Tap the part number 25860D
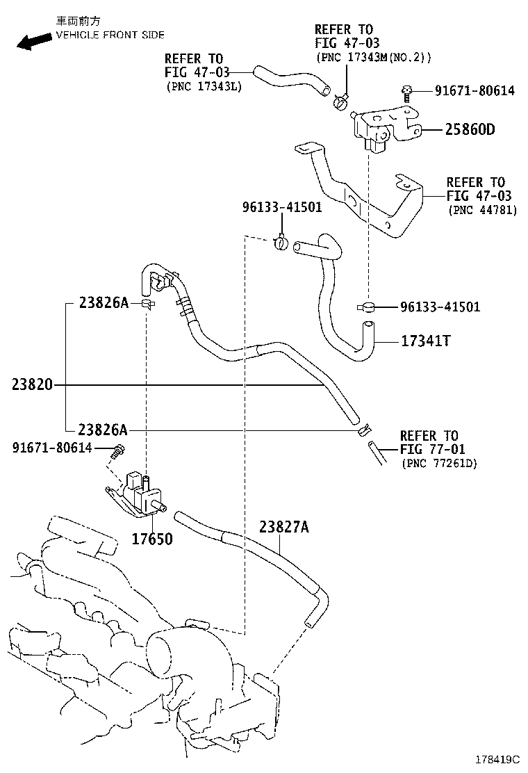click(x=470, y=129)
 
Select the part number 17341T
click(x=426, y=341)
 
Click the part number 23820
click(x=33, y=384)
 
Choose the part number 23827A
click(x=283, y=527)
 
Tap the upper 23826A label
click(x=104, y=302)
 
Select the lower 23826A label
click(x=104, y=429)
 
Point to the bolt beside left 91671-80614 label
click(x=118, y=450)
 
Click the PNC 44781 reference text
click(x=482, y=209)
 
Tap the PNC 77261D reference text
click(x=438, y=463)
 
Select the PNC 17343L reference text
click(x=204, y=86)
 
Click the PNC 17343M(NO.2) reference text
click(x=374, y=57)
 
